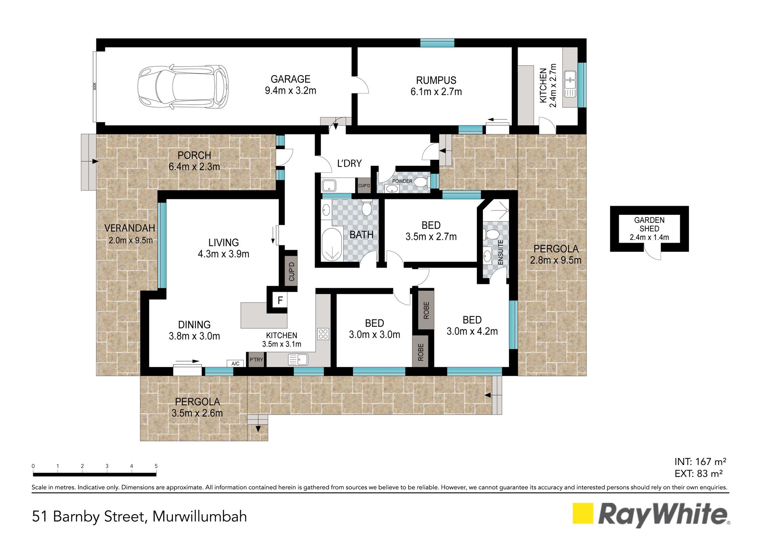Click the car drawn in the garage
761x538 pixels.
[183, 87]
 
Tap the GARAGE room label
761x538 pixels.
[291, 79]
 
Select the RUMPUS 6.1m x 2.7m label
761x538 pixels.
[436, 86]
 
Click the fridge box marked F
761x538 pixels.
[280, 300]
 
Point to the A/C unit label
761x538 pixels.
[235, 364]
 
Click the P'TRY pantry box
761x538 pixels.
[256, 360]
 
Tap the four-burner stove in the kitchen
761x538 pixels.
[323, 334]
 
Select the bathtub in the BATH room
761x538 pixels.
[332, 245]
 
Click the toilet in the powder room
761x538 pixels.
[420, 182]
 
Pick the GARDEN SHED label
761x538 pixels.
[649, 224]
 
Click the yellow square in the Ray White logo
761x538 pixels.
[583, 513]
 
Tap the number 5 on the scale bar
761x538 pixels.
[156, 466]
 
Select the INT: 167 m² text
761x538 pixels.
[700, 462]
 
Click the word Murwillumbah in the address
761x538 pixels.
[200, 517]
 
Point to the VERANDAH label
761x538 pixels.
[130, 228]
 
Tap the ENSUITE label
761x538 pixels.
[501, 252]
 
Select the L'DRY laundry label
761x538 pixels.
[349, 163]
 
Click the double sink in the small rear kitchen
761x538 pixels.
[570, 84]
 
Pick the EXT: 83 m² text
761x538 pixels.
[698, 474]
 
